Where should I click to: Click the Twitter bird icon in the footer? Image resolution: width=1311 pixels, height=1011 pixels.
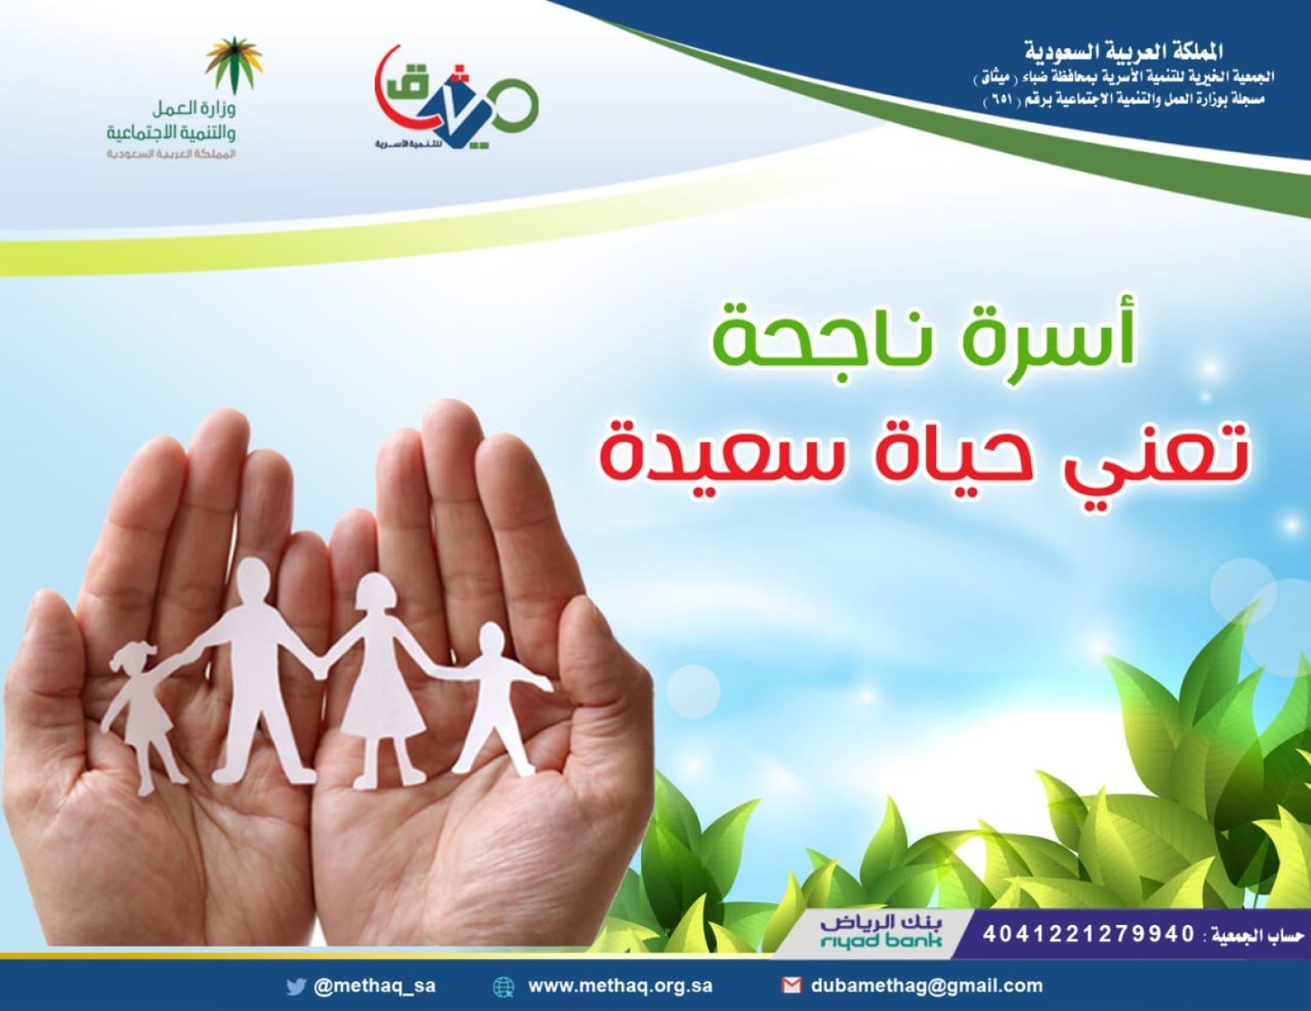(296, 987)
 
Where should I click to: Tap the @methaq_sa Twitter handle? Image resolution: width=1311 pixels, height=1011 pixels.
(374, 987)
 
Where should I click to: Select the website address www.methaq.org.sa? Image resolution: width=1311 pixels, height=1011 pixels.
(620, 987)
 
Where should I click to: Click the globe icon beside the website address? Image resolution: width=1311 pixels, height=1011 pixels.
(504, 987)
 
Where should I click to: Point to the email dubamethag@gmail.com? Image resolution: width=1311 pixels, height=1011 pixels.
(927, 987)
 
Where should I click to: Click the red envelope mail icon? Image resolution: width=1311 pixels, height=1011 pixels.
(791, 987)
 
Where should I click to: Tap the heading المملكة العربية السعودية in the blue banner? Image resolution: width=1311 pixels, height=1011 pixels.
(1123, 52)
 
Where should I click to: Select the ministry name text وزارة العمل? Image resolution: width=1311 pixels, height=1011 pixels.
(194, 110)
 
